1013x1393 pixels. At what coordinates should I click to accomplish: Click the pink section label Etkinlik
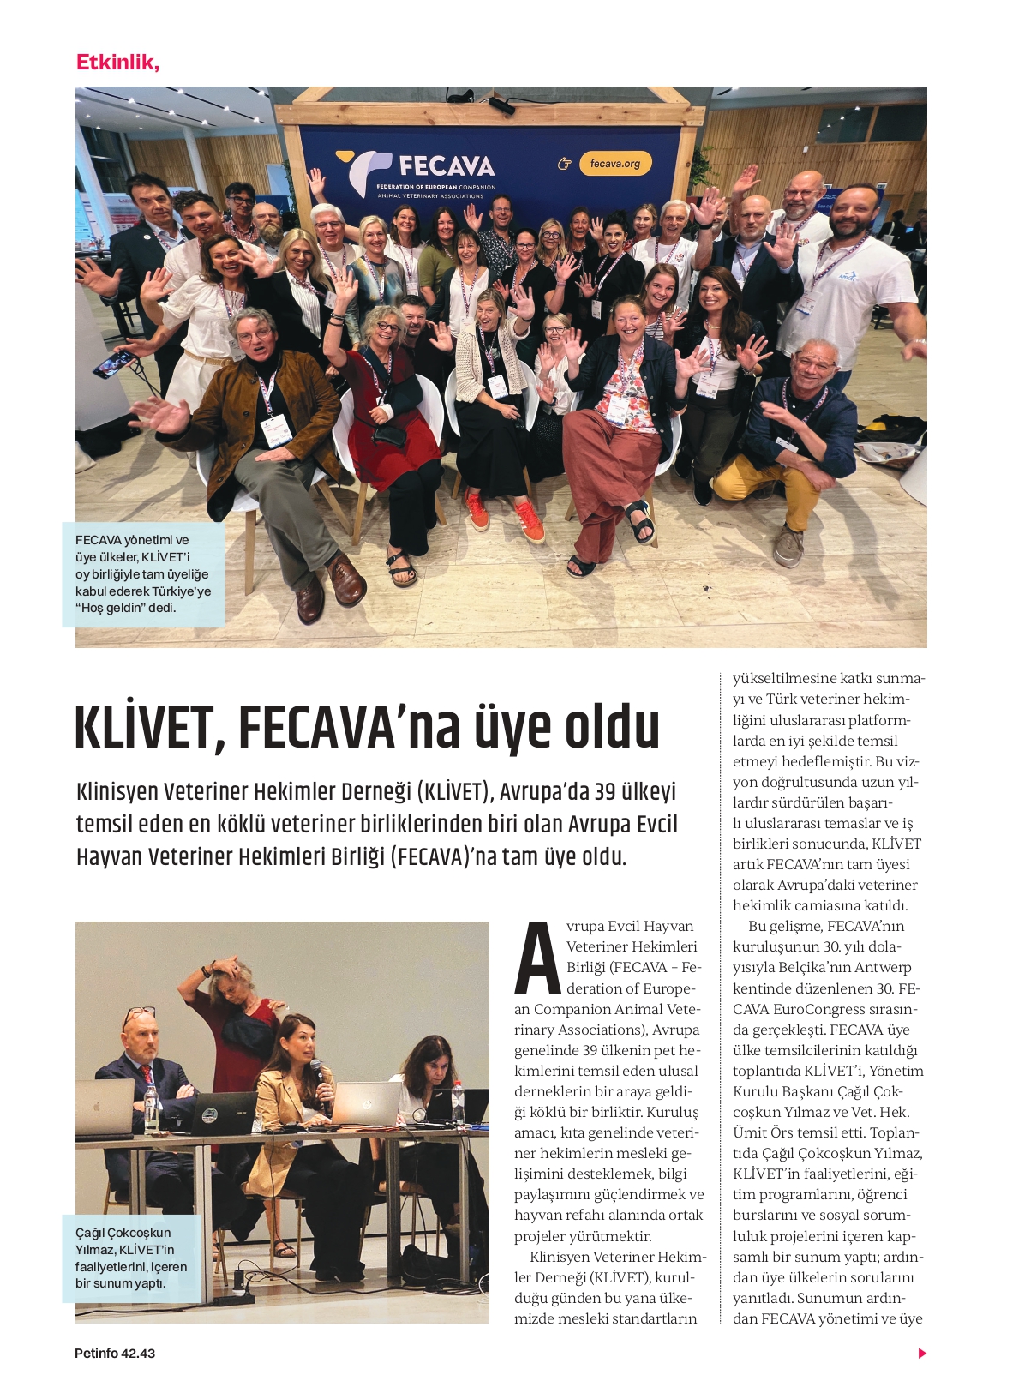(x=117, y=63)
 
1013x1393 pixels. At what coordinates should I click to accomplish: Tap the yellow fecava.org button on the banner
(x=615, y=163)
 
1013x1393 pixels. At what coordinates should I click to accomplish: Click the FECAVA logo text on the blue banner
(x=446, y=165)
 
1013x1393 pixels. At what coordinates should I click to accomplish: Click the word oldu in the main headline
(x=612, y=729)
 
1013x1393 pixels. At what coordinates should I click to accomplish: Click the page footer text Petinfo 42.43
(x=115, y=1354)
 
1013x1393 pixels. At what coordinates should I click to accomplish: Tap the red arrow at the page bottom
(x=922, y=1354)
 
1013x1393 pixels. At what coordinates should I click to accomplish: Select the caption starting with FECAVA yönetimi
(x=142, y=573)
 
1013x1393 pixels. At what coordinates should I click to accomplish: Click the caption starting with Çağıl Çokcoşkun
(x=130, y=1258)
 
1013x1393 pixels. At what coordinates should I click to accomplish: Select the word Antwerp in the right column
(x=884, y=968)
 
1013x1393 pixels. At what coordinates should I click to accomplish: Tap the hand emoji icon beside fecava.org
(x=564, y=164)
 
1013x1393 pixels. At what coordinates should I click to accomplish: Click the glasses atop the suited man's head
(x=139, y=1014)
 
